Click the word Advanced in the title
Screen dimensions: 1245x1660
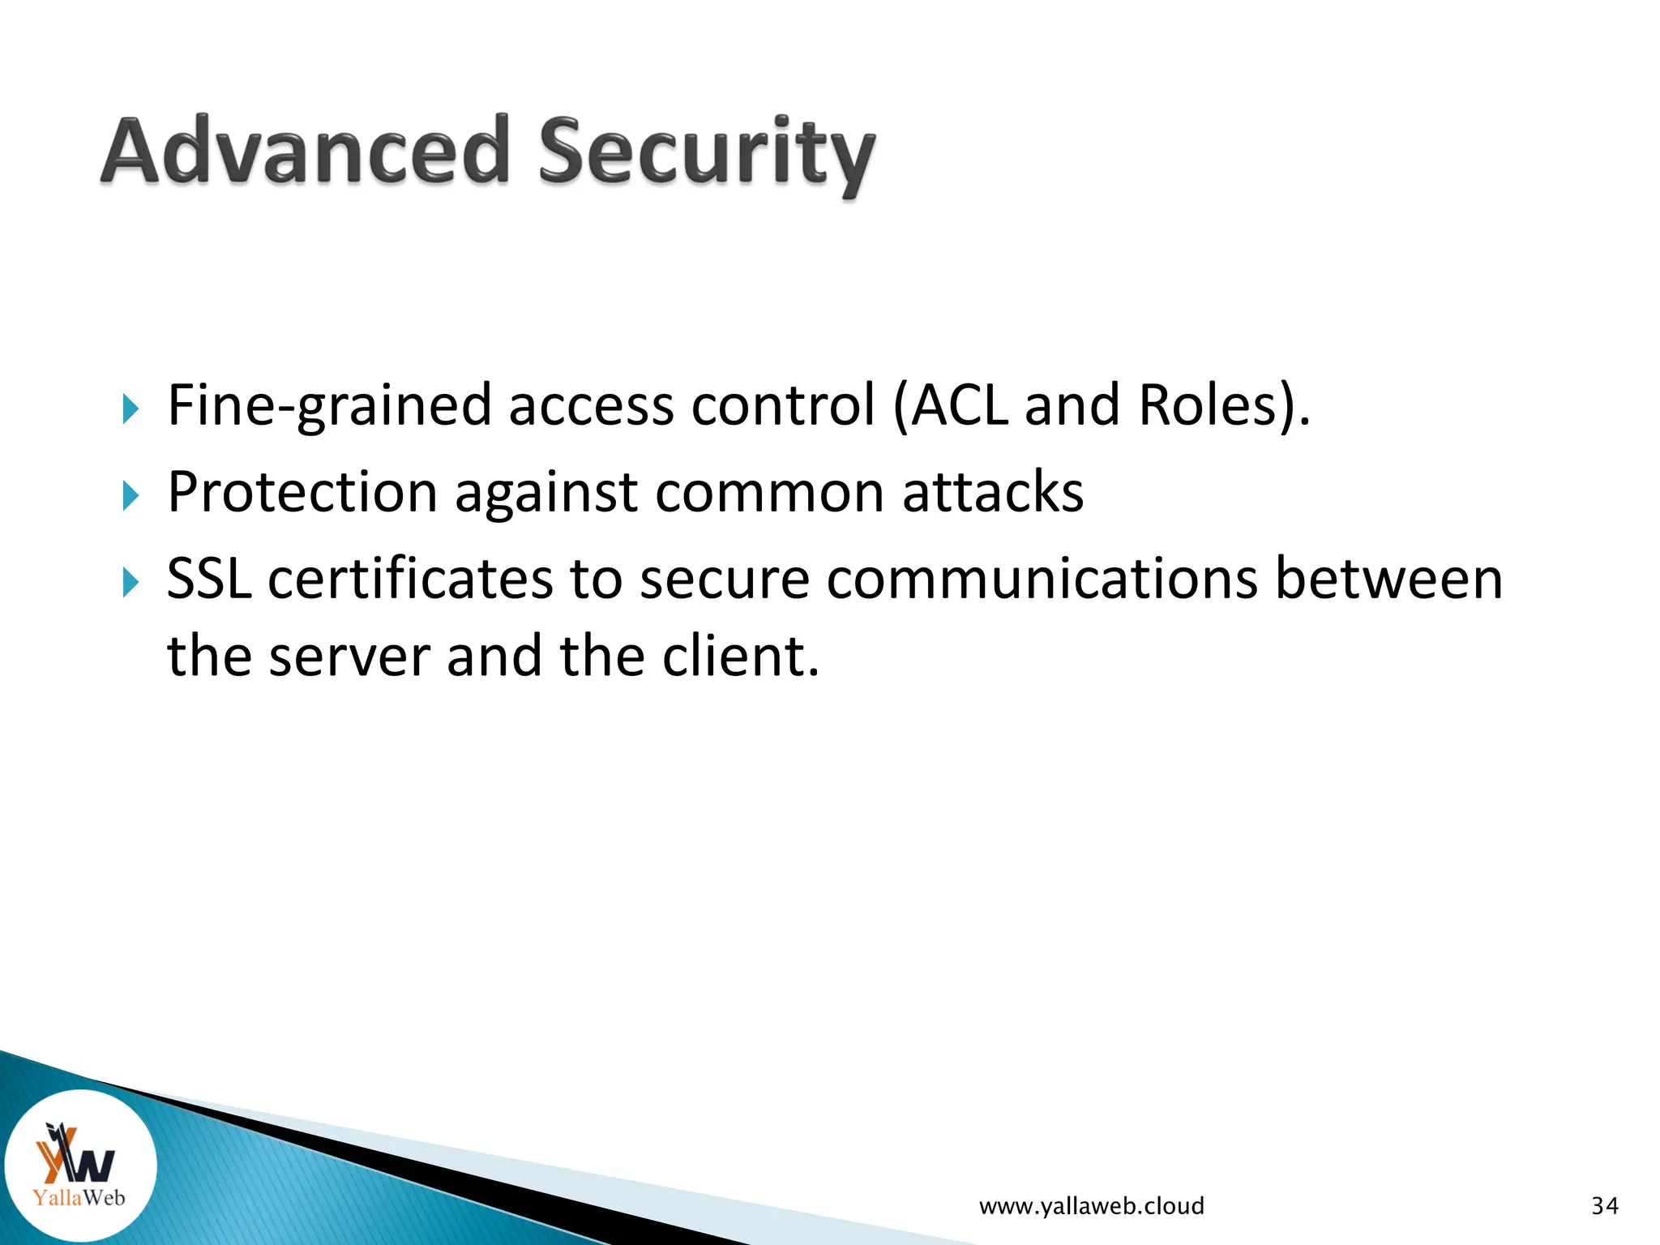point(306,152)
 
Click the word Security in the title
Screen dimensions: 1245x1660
point(706,154)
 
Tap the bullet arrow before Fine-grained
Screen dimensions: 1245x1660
point(130,409)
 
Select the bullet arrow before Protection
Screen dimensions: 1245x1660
point(130,494)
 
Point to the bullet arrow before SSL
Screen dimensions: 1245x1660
point(130,582)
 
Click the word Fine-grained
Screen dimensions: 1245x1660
point(329,405)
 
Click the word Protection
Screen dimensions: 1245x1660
point(302,492)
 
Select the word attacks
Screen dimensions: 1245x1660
point(992,492)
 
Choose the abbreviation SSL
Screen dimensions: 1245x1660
point(208,579)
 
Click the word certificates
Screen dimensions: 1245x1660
point(411,579)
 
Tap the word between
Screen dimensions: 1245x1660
point(1388,579)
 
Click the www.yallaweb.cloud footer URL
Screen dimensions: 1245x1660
point(1091,1206)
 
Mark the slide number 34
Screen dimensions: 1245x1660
point(1605,1206)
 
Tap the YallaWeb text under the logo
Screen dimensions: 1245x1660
point(79,1197)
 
